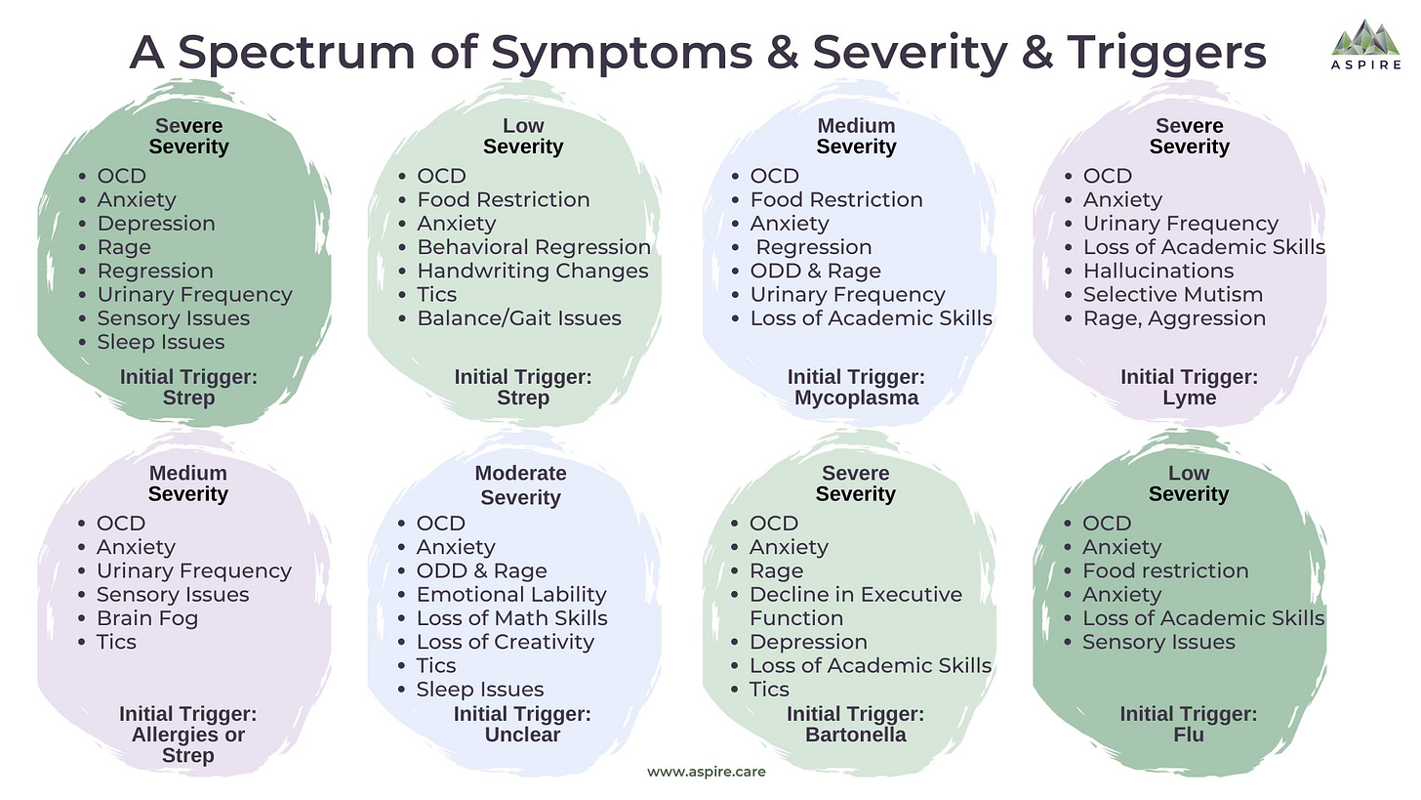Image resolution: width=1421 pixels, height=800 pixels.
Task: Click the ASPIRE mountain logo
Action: click(1366, 44)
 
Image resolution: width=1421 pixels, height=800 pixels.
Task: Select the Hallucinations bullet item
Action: click(1157, 271)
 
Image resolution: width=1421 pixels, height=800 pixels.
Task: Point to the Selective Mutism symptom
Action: click(1172, 294)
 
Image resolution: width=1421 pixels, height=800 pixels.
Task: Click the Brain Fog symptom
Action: click(146, 618)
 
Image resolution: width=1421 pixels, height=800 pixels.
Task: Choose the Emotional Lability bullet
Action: click(510, 594)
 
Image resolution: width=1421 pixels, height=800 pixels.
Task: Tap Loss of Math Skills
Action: click(511, 618)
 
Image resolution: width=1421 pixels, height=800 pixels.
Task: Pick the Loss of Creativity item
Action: click(505, 642)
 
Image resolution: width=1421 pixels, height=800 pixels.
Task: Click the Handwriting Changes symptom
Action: click(532, 271)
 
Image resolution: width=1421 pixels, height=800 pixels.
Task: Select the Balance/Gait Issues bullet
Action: click(518, 318)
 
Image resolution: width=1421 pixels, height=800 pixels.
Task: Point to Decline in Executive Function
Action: click(855, 606)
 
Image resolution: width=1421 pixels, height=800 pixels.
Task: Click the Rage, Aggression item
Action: click(1174, 318)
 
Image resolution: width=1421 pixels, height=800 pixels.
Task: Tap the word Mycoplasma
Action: click(856, 399)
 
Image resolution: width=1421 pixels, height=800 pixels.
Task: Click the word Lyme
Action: click(1189, 399)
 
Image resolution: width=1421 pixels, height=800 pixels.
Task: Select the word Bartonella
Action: click(855, 736)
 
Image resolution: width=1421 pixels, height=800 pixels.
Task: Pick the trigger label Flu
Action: click(1189, 736)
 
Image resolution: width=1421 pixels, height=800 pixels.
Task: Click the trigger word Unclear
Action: click(522, 736)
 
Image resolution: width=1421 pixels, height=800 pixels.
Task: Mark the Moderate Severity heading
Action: click(521, 485)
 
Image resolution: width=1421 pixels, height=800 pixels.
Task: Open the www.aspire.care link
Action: click(706, 772)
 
